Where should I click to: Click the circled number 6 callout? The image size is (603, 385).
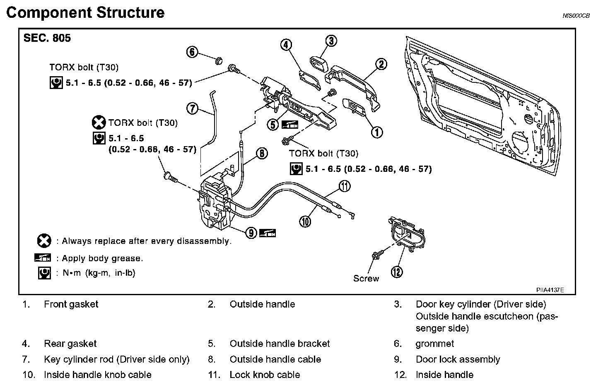192,52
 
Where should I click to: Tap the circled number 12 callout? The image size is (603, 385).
397,272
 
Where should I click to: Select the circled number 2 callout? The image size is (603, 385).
381,64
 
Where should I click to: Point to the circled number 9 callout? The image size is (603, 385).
251,233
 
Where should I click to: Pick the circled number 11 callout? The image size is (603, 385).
345,186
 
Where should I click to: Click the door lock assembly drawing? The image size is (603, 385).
215,203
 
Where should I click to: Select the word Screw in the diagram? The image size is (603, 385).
366,279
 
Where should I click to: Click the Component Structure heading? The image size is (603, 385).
85,12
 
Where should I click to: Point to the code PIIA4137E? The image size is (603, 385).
550,290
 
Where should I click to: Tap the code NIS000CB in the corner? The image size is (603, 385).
576,16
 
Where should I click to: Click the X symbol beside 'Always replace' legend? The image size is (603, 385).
43,241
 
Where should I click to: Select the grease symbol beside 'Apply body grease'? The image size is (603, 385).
43,258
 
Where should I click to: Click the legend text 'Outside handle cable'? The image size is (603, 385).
275,359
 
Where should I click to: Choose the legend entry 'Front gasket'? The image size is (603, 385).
71,304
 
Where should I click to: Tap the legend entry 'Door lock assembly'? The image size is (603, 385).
458,359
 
